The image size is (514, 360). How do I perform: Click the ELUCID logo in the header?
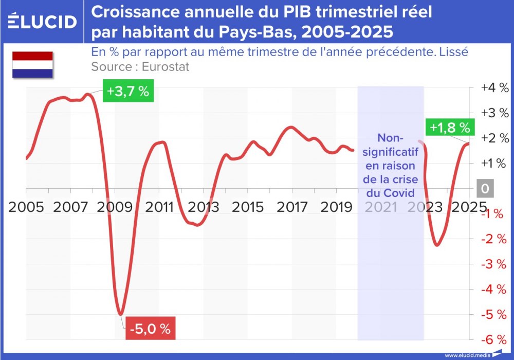43,22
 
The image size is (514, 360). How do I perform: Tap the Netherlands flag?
33,64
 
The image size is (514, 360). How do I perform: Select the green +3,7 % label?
128,92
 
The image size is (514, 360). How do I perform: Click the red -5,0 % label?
151,329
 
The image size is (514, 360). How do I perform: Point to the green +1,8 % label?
450,127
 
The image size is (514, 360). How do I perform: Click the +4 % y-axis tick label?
494,87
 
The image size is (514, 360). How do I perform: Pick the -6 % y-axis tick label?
494,339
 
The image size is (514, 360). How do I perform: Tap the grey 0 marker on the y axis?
484,189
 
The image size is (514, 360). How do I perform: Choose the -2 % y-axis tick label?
494,239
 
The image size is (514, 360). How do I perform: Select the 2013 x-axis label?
204,207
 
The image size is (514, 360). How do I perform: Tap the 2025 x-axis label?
467,207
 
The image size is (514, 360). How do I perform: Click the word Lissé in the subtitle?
454,52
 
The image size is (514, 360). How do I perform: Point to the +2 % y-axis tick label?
494,138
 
